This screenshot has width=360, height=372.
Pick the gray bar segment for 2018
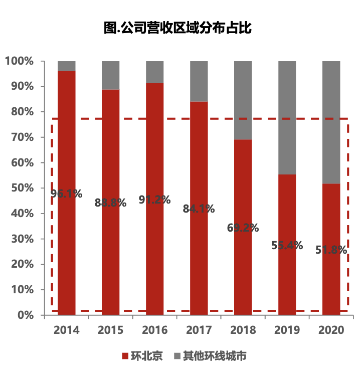[243, 100]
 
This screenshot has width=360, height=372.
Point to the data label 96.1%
[67, 194]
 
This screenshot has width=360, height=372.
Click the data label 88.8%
[110, 203]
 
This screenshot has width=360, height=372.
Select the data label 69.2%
[243, 228]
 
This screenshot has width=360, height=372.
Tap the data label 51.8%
[331, 250]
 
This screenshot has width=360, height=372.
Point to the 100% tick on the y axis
[20, 61]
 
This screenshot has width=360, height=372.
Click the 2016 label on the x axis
[155, 330]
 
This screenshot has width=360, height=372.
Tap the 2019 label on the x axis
[287, 330]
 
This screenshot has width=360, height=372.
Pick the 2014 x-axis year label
[67, 330]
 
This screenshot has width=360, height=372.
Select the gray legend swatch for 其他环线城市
[177, 356]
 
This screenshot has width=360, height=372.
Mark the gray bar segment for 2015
[111, 75]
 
